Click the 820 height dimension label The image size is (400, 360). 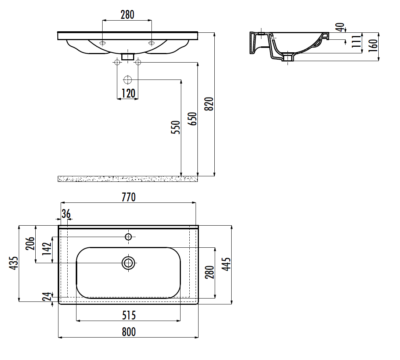(209, 104)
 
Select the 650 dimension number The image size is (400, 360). (192, 119)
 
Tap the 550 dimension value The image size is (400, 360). (175, 127)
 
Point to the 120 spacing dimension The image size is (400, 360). (128, 93)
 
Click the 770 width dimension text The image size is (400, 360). (129, 197)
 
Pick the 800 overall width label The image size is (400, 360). (129, 332)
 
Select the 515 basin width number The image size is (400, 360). (129, 315)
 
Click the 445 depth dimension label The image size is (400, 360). (226, 264)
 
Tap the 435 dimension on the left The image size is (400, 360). (14, 263)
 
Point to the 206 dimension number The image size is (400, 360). (30, 243)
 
